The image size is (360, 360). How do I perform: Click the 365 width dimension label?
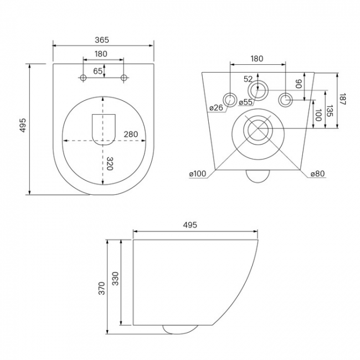(x=102, y=40)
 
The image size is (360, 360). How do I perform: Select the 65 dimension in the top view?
(x=97, y=71)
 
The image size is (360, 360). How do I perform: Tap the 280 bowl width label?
(x=131, y=135)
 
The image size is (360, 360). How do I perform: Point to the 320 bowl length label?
(x=110, y=163)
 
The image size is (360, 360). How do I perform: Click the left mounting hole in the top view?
(x=83, y=78)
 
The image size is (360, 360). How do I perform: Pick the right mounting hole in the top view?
(x=124, y=78)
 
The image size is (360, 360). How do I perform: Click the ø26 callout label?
(x=216, y=107)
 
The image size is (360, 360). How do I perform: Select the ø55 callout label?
(x=245, y=102)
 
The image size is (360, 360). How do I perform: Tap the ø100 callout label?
(x=198, y=174)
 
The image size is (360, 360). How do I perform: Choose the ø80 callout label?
(x=318, y=174)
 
